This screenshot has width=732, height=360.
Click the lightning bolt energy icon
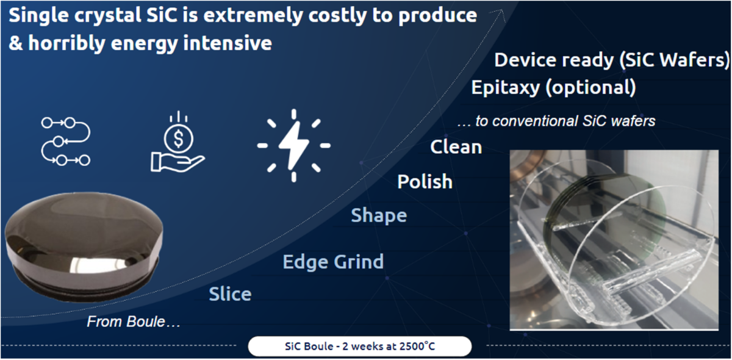294,145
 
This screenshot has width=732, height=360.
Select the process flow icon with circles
66,142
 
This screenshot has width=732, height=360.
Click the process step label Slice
230,294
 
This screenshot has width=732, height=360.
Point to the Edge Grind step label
333,262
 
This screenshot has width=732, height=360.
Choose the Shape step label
379,216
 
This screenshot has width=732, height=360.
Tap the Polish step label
425,181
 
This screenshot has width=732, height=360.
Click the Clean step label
456,147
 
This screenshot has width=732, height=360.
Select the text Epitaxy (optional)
554,88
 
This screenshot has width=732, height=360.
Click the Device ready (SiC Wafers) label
612,60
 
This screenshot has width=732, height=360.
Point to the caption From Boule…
134,322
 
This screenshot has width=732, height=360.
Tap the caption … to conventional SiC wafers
556,121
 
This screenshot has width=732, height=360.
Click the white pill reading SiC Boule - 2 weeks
360,346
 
